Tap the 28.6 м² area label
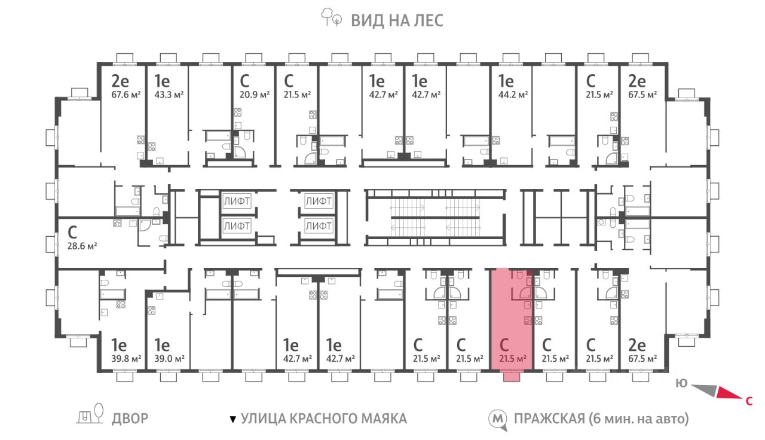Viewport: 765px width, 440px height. (x=82, y=246)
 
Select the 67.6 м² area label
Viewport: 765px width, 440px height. (x=126, y=94)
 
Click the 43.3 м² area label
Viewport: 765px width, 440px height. (x=169, y=94)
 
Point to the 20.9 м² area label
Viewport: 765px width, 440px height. (x=255, y=94)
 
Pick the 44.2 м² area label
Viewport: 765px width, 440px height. (x=513, y=94)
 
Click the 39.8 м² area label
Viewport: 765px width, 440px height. (x=126, y=359)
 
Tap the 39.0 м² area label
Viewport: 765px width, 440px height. (x=169, y=359)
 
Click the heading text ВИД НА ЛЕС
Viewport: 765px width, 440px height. (x=397, y=20)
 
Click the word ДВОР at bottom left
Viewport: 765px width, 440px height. (x=130, y=418)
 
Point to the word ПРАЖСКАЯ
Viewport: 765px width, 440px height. (x=549, y=419)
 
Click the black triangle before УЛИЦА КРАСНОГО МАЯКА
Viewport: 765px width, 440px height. (x=233, y=420)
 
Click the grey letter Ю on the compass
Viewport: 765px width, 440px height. (x=682, y=383)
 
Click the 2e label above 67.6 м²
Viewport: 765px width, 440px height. (x=120, y=81)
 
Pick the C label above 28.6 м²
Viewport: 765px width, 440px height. (x=72, y=233)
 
